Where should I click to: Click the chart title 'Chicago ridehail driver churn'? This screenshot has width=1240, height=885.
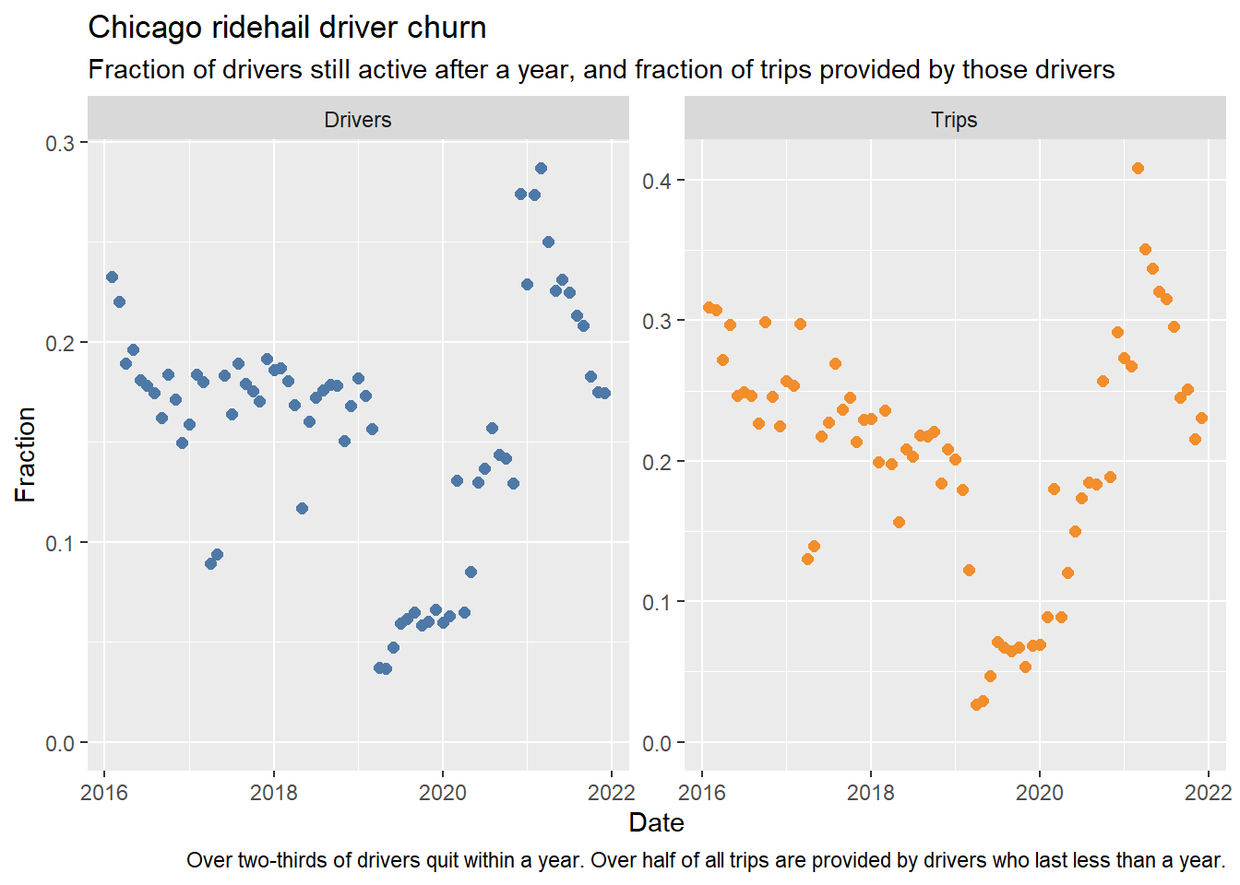tap(287, 28)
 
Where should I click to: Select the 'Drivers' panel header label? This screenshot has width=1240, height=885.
tap(358, 120)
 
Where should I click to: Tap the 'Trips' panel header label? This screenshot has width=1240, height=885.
tap(954, 120)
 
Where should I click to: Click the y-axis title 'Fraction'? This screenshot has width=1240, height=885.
tap(25, 454)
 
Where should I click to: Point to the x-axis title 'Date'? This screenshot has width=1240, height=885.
tap(656, 822)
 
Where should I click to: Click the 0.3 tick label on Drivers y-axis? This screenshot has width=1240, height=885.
tap(60, 143)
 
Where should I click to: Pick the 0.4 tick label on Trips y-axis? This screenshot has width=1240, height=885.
tap(657, 181)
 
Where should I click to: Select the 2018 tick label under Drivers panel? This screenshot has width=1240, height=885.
tap(273, 793)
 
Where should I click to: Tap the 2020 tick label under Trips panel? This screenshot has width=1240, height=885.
tap(1039, 793)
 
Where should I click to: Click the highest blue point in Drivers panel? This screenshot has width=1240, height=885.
tap(542, 168)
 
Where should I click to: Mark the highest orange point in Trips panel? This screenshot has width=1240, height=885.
tap(1139, 168)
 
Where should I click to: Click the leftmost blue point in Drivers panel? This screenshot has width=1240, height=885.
tap(112, 277)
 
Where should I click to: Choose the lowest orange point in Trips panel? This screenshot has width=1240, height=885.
tap(976, 704)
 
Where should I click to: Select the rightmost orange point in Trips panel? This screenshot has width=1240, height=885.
tap(1201, 419)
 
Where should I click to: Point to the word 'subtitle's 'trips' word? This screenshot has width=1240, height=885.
tap(787, 70)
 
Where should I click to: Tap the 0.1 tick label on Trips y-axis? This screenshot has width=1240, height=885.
tap(657, 602)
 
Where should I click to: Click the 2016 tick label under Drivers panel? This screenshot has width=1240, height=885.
tap(104, 793)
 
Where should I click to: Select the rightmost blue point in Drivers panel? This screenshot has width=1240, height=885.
tap(605, 394)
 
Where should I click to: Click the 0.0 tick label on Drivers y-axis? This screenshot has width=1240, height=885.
tap(60, 743)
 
